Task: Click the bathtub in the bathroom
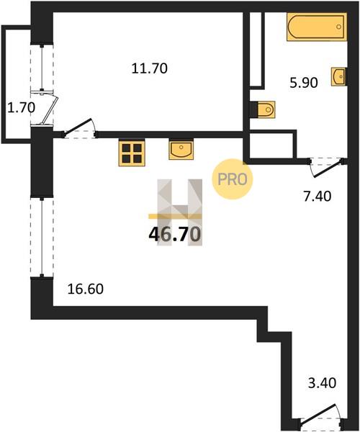(317, 27)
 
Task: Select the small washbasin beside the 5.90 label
(338, 76)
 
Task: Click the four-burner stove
(132, 153)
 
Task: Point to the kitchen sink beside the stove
(181, 149)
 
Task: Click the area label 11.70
(149, 68)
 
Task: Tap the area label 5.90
(304, 83)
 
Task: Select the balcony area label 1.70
(21, 107)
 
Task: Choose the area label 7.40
(317, 197)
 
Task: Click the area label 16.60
(86, 289)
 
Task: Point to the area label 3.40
(322, 383)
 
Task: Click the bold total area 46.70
(174, 235)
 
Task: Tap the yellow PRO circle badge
(232, 179)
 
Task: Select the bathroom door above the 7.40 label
(327, 167)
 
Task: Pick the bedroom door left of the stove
(80, 129)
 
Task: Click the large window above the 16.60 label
(42, 237)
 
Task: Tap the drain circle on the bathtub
(339, 27)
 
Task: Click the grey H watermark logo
(180, 212)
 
